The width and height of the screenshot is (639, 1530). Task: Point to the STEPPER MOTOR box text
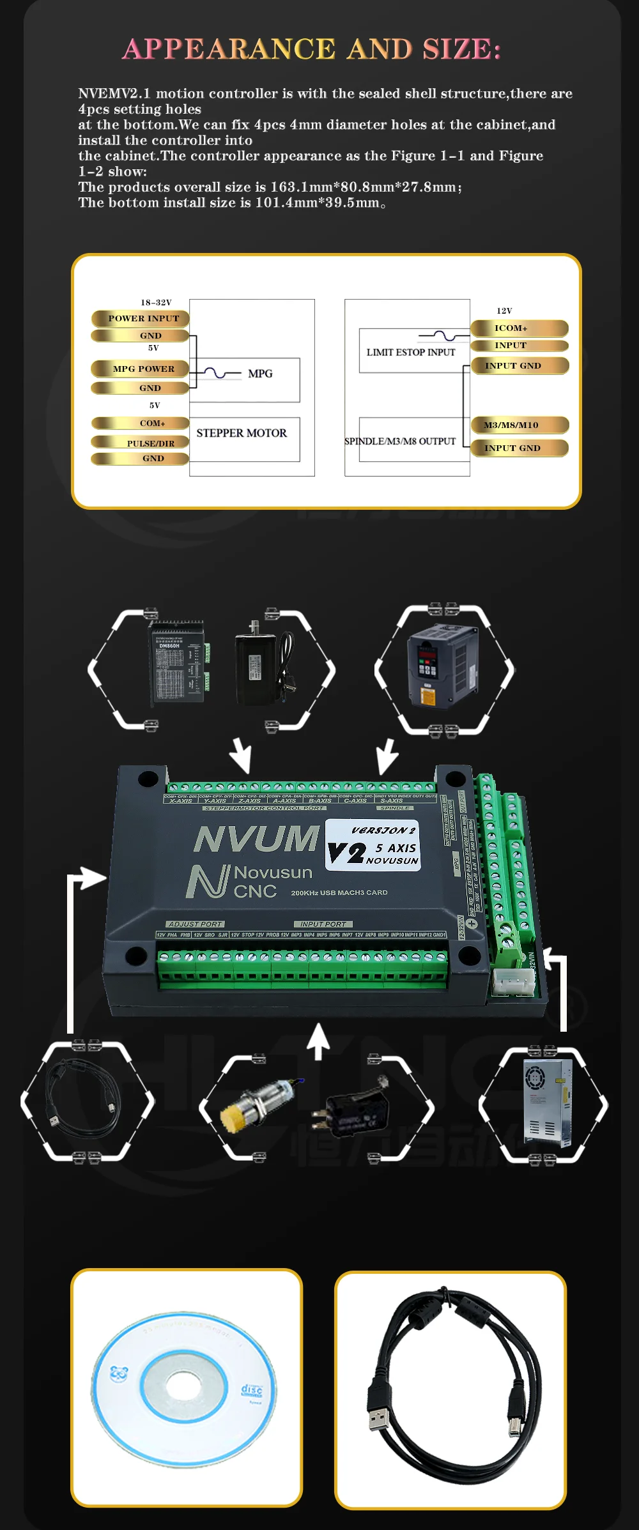pyautogui.click(x=242, y=433)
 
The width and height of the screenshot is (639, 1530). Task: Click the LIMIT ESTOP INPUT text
pyautogui.click(x=411, y=352)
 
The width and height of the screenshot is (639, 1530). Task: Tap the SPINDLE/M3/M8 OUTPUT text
pyautogui.click(x=400, y=441)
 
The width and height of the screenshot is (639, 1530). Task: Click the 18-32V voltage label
pyautogui.click(x=156, y=302)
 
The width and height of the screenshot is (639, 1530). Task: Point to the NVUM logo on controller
pyautogui.click(x=256, y=839)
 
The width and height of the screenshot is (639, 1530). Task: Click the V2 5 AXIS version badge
pyautogui.click(x=373, y=845)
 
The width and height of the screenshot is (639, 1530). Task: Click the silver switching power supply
pyautogui.click(x=548, y=1104)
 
